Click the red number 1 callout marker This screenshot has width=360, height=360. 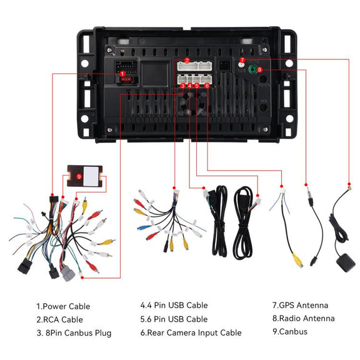[x=122, y=74]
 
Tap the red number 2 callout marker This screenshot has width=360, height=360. [x=187, y=61]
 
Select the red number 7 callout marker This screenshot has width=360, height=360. [x=242, y=60]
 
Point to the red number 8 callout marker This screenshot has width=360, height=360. [x=259, y=69]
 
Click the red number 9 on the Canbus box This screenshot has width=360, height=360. [x=79, y=176]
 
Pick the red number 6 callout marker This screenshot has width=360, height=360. [x=207, y=86]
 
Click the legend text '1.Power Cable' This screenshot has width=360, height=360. [x=63, y=306]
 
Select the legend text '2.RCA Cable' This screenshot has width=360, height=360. [x=59, y=319]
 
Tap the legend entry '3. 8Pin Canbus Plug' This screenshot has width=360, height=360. [x=74, y=333]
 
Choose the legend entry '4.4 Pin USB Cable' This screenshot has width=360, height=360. [x=174, y=305]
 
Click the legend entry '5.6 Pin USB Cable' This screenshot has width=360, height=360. [x=174, y=319]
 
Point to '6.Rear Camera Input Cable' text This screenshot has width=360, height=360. [x=191, y=332]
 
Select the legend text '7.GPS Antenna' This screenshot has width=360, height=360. [x=300, y=305]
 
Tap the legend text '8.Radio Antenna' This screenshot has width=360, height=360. [x=304, y=318]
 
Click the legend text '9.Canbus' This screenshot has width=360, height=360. [x=290, y=331]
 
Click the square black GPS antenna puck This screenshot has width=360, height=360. [x=346, y=262]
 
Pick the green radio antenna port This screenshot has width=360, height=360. [x=253, y=69]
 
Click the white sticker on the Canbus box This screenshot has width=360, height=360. [x=91, y=176]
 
